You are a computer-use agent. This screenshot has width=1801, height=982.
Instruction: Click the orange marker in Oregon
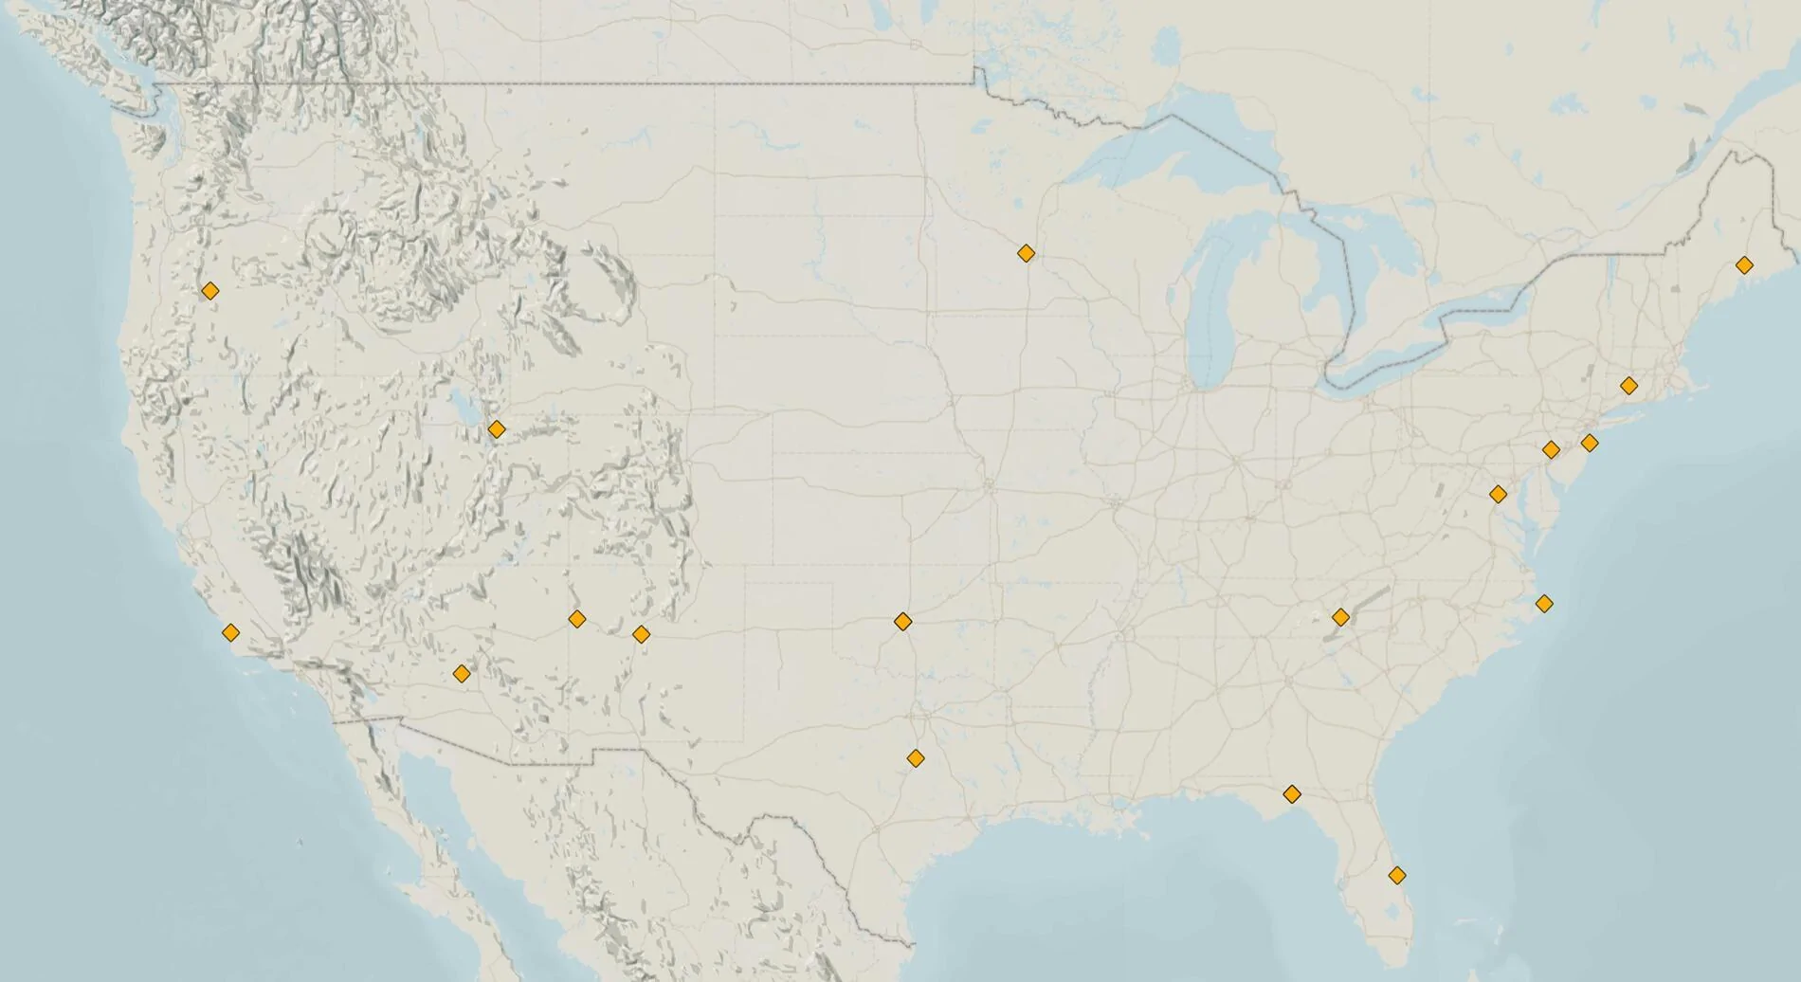pyautogui.click(x=209, y=291)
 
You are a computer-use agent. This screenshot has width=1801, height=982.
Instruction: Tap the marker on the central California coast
pyautogui.click(x=230, y=632)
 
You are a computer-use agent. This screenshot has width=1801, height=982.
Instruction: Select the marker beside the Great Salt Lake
pyautogui.click(x=496, y=429)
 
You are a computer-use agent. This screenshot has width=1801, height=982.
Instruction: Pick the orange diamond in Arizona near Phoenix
pyautogui.click(x=462, y=674)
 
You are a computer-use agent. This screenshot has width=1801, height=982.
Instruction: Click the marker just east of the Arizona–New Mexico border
pyautogui.click(x=576, y=619)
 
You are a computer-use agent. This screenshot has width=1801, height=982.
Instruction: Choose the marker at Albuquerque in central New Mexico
pyautogui.click(x=641, y=633)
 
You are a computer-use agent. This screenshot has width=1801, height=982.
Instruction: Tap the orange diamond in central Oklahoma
pyautogui.click(x=902, y=622)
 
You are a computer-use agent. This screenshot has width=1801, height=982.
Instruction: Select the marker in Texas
pyautogui.click(x=915, y=758)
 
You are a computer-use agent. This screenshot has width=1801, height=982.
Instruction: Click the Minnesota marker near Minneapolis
pyautogui.click(x=1026, y=253)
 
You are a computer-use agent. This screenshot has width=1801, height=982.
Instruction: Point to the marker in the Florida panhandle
pyautogui.click(x=1291, y=793)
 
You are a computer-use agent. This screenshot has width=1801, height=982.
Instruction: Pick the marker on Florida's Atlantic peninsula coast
pyautogui.click(x=1396, y=875)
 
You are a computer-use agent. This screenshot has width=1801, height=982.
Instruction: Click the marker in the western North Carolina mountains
pyautogui.click(x=1340, y=617)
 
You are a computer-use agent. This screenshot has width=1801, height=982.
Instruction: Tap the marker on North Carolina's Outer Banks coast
pyautogui.click(x=1544, y=603)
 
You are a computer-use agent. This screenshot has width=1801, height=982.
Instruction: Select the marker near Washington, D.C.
pyautogui.click(x=1498, y=494)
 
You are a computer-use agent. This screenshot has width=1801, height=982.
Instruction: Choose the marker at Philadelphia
pyautogui.click(x=1551, y=449)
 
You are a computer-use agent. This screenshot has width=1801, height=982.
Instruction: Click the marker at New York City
pyautogui.click(x=1590, y=443)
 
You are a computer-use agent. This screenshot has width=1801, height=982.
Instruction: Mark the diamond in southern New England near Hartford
pyautogui.click(x=1628, y=386)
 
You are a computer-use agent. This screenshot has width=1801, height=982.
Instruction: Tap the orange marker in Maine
pyautogui.click(x=1743, y=265)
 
